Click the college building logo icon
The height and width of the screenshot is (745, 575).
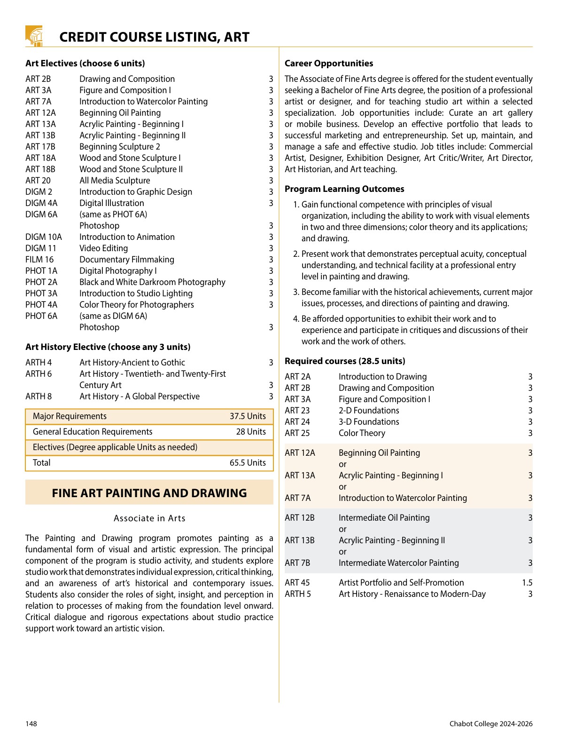[34, 36]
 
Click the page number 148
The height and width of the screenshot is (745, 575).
[31, 724]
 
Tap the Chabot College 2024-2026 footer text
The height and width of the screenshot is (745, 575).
[491, 724]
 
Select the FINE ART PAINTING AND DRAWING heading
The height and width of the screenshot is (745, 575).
[149, 493]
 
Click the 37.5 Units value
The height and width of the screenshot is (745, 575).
[248, 416]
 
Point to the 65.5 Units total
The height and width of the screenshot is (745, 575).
[248, 463]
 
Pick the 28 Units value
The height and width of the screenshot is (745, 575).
[251, 432]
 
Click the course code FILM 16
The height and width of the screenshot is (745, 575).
[39, 260]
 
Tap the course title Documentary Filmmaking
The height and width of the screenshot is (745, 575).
[127, 260]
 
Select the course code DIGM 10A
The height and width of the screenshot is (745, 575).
[44, 237]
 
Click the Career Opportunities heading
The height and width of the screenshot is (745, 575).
[329, 63]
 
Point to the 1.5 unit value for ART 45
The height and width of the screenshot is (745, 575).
[527, 583]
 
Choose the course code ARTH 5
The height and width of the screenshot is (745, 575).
[298, 594]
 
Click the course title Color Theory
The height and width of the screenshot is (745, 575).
[362, 433]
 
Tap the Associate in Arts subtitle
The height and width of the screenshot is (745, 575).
[149, 518]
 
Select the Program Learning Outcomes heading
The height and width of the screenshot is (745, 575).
[344, 189]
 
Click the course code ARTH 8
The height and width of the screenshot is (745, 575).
[39, 396]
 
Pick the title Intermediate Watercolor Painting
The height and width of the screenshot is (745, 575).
[399, 563]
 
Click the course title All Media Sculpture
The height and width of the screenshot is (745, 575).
[115, 181]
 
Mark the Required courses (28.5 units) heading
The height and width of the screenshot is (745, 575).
[345, 361]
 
